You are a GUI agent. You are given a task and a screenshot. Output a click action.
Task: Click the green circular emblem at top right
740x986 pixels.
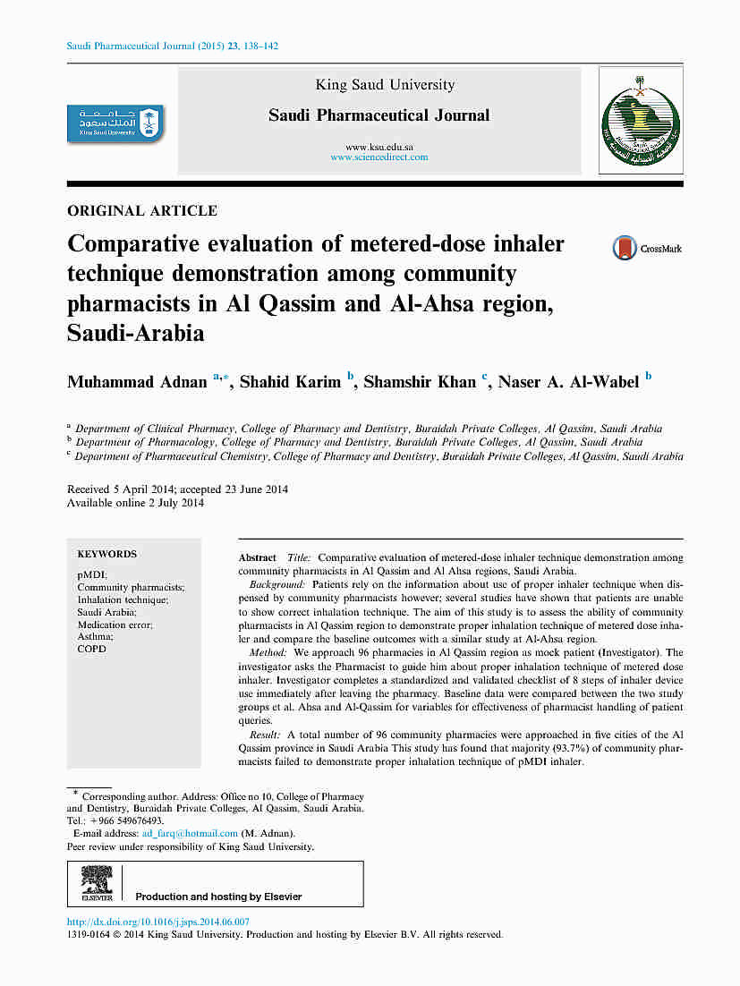tap(640, 120)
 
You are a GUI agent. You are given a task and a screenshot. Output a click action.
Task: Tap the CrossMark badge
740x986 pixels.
tap(647, 249)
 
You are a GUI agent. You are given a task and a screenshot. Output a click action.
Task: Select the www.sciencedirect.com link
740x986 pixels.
tap(379, 157)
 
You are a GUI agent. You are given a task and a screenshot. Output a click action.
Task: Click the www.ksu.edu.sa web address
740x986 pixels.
tap(379, 147)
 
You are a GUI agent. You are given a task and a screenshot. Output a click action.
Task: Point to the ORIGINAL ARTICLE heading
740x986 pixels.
tap(142, 211)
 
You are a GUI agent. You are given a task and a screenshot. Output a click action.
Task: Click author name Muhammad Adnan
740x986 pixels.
tap(138, 382)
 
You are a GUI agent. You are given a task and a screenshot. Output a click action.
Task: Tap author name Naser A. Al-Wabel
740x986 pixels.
tap(568, 382)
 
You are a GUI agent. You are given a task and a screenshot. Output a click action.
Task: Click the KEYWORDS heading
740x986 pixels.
tap(107, 554)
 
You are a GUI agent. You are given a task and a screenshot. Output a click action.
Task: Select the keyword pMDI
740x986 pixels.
tap(92, 574)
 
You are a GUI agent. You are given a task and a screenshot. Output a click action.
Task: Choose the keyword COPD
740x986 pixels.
tap(91, 649)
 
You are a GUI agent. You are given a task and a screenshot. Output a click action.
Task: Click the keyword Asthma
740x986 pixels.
tap(94, 636)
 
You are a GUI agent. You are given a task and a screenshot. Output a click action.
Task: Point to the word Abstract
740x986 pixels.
tap(257, 557)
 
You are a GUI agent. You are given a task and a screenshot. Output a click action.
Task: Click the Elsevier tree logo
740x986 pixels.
tap(96, 881)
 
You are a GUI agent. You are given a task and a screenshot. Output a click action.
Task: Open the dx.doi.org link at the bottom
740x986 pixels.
tap(158, 922)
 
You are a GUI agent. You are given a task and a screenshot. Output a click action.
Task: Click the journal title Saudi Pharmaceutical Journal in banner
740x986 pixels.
tap(379, 115)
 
